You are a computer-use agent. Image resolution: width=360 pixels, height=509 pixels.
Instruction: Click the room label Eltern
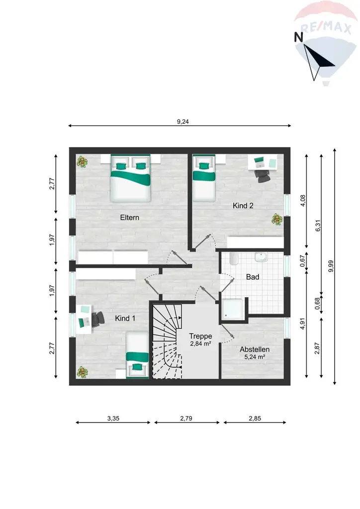pyautogui.click(x=129, y=217)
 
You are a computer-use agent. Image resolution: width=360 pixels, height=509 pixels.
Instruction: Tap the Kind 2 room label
pyautogui.click(x=244, y=205)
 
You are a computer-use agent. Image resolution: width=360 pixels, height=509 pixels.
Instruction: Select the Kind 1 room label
pyautogui.click(x=125, y=318)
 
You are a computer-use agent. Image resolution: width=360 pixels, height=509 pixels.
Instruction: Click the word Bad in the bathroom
pyautogui.click(x=253, y=277)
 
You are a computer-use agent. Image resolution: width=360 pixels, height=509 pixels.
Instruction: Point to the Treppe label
pyautogui.click(x=201, y=336)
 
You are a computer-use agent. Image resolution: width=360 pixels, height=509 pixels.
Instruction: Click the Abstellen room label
pyautogui.click(x=255, y=349)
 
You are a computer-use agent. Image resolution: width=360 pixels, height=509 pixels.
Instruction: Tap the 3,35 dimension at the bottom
pyautogui.click(x=113, y=418)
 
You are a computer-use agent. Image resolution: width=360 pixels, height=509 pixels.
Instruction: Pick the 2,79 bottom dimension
pyautogui.click(x=186, y=418)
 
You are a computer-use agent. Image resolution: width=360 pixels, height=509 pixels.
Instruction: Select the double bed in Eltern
pyautogui.click(x=130, y=180)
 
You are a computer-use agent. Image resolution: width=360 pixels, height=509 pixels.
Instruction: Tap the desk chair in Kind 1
pyautogui.click(x=98, y=319)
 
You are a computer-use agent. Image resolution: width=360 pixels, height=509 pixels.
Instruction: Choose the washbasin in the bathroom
pyautogui.click(x=261, y=258)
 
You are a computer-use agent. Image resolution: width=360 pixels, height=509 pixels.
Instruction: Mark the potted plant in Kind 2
pyautogui.click(x=275, y=218)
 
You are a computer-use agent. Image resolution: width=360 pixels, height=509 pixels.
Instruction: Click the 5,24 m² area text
pyautogui.click(x=255, y=357)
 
